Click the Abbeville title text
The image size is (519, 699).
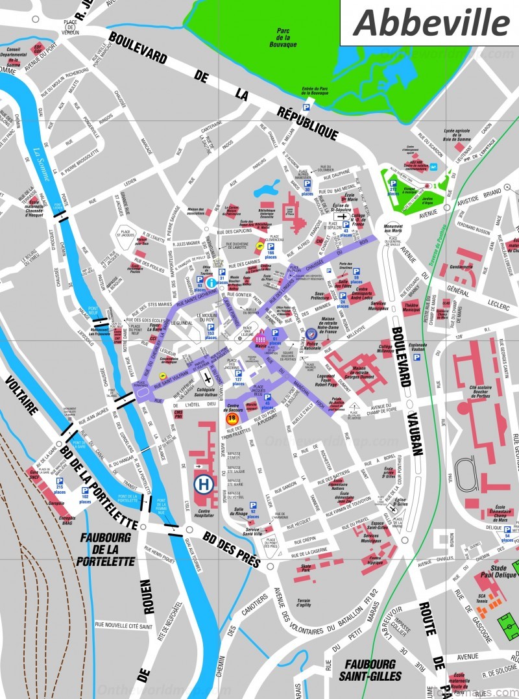(431, 23)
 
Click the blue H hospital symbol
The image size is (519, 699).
(202, 483)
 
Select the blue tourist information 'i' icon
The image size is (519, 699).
(211, 283)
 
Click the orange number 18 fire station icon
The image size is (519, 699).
(231, 419)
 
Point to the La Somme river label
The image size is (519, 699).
(41, 162)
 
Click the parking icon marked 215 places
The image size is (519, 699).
(59, 482)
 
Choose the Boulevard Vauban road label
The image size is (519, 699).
(407, 390)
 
